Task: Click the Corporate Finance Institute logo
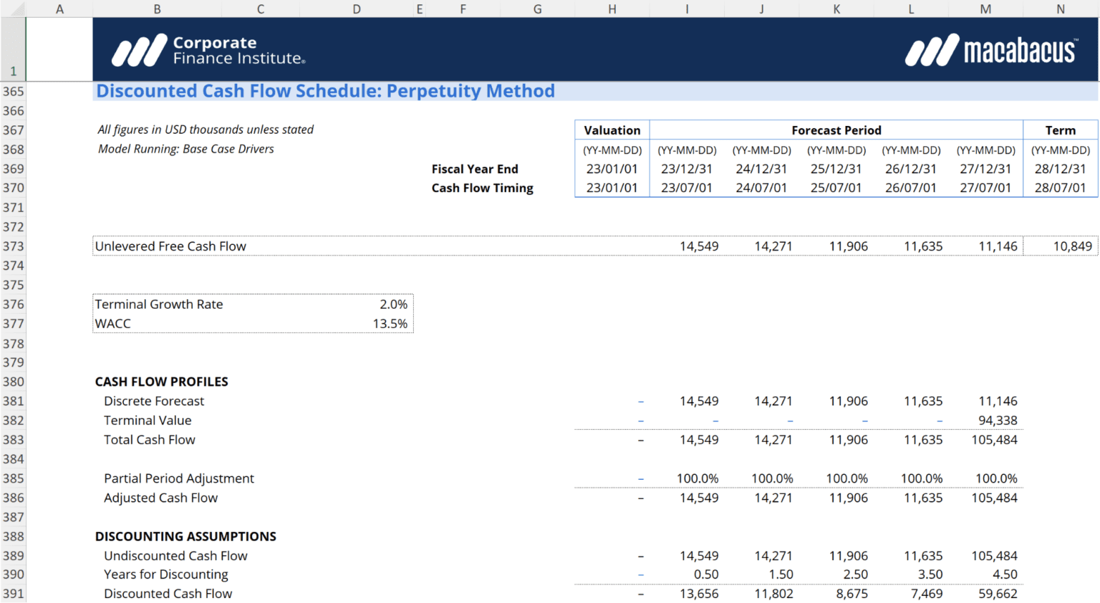pyautogui.click(x=208, y=50)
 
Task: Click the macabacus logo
pyautogui.click(x=990, y=51)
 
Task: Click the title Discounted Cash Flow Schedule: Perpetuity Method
pyautogui.click(x=325, y=92)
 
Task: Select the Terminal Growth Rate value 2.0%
pyautogui.click(x=393, y=304)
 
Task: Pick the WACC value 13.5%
pyautogui.click(x=390, y=324)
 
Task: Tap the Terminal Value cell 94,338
pyautogui.click(x=997, y=420)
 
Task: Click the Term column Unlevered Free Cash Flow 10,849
pyautogui.click(x=1072, y=246)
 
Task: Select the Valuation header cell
pyautogui.click(x=612, y=130)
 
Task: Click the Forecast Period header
pyautogui.click(x=836, y=130)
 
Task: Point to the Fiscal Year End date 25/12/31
pyautogui.click(x=836, y=169)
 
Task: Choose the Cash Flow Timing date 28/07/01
pyautogui.click(x=1060, y=188)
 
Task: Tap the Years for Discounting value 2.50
pyautogui.click(x=855, y=574)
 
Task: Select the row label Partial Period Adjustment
pyautogui.click(x=178, y=478)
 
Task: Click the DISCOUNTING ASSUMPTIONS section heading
pyautogui.click(x=185, y=536)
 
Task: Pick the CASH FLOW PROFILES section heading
pyautogui.click(x=161, y=382)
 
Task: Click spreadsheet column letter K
pyautogui.click(x=836, y=9)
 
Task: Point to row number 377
pyautogui.click(x=13, y=324)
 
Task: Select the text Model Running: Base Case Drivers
pyautogui.click(x=185, y=149)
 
